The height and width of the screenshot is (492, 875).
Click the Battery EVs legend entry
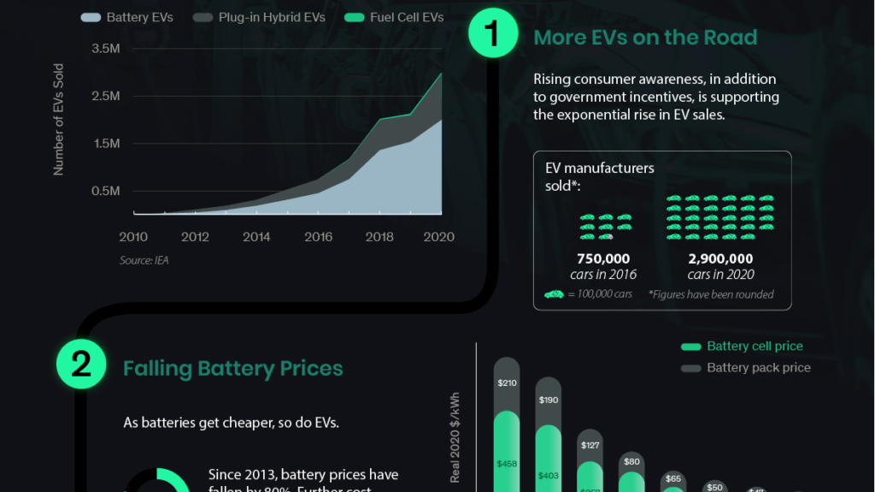[127, 17]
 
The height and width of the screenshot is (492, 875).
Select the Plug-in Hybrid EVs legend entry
[260, 17]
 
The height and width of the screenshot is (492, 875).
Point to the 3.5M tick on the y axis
[105, 49]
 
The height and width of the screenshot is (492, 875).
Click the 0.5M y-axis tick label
[105, 191]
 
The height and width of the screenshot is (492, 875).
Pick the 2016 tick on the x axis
[318, 237]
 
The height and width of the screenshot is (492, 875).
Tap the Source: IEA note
[144, 260]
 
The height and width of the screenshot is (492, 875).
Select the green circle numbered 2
[81, 365]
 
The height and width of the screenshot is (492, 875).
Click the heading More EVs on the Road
[645, 38]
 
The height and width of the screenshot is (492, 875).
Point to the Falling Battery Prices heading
[232, 369]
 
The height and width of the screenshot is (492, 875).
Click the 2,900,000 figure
[720, 258]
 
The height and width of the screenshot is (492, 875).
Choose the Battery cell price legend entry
[743, 347]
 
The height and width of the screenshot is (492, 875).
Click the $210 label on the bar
[507, 382]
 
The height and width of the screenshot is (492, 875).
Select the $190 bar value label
[549, 400]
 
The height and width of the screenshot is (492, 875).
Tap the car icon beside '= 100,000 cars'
[555, 294]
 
